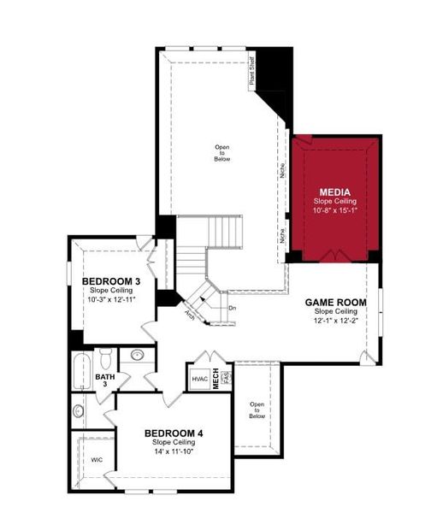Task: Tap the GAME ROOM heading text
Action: pos(336,303)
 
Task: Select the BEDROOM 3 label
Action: pos(110,281)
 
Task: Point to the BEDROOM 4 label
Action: pos(174,433)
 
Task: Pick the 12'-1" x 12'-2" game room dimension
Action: pos(336,321)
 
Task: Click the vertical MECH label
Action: pos(216,377)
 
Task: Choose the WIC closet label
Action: pos(97,459)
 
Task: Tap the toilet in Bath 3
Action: pos(105,357)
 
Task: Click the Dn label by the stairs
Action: pos(232,307)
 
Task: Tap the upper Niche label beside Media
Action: pos(281,172)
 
